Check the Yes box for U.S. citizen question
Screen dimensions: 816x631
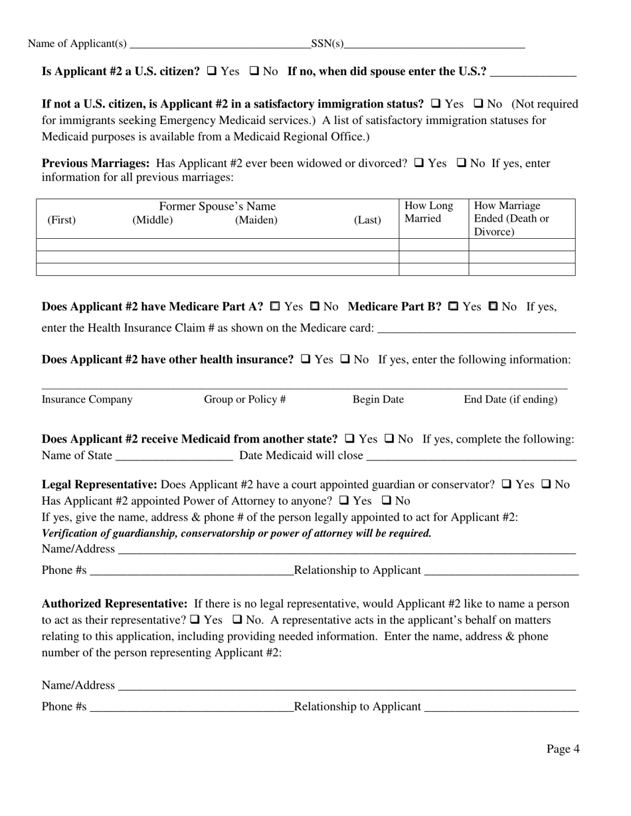[x=212, y=71]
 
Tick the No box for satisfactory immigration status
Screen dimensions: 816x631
[x=478, y=103]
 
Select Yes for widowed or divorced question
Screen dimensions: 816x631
[x=419, y=163]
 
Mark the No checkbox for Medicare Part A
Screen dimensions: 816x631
[x=315, y=306]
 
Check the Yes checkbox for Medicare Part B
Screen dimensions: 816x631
[x=454, y=306]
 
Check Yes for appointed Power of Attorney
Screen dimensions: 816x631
[x=344, y=500]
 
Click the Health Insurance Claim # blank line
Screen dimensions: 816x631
[x=476, y=328]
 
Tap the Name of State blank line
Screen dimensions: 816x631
[x=174, y=456]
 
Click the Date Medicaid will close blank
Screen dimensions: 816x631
[x=471, y=456]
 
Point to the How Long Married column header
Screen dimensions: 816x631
[x=428, y=212]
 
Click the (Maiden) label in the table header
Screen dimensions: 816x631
[x=256, y=220]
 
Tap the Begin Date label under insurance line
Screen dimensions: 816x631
[x=378, y=399]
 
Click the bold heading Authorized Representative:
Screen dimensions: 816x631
[x=115, y=604]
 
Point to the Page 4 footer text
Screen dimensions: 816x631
[x=563, y=749]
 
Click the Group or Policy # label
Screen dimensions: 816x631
[x=244, y=399]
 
